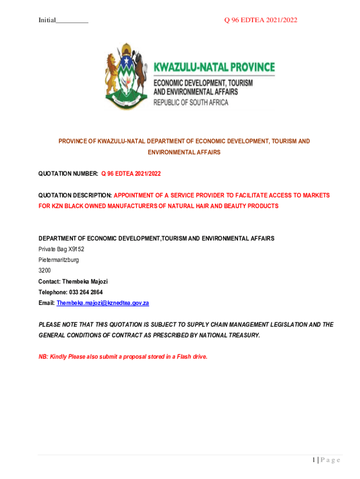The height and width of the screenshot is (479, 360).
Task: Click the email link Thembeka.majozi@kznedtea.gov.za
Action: pos(102,303)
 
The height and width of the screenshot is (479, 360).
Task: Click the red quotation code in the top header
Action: pos(260,20)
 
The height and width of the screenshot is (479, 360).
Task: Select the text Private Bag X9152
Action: pos(61,249)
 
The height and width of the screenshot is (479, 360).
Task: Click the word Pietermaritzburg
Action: pos(58,260)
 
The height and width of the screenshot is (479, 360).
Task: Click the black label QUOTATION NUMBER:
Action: pos(68,174)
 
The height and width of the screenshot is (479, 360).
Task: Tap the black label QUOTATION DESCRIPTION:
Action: pos(75,195)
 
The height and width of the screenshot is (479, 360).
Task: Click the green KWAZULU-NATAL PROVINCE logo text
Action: pos(215,67)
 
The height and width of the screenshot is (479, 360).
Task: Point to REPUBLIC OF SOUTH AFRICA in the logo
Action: pos(191,102)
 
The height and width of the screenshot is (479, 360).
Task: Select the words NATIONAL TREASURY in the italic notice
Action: pos(229,335)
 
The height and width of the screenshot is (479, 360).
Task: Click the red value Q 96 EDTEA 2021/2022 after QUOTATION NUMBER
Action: pos(131,174)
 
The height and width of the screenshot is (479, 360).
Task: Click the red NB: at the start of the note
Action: pos(43,357)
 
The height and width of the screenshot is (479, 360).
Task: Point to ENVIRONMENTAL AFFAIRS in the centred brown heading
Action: pos(184,152)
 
